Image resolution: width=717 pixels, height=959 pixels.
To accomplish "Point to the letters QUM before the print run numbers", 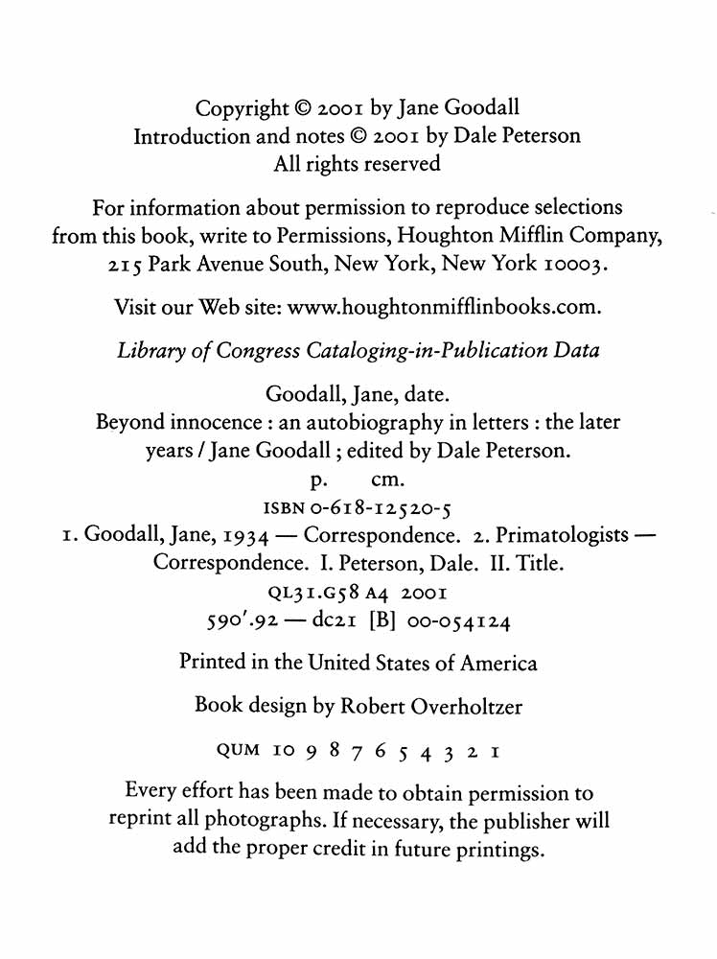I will (240, 750).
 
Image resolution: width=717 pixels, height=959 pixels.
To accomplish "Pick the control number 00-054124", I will (459, 622).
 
